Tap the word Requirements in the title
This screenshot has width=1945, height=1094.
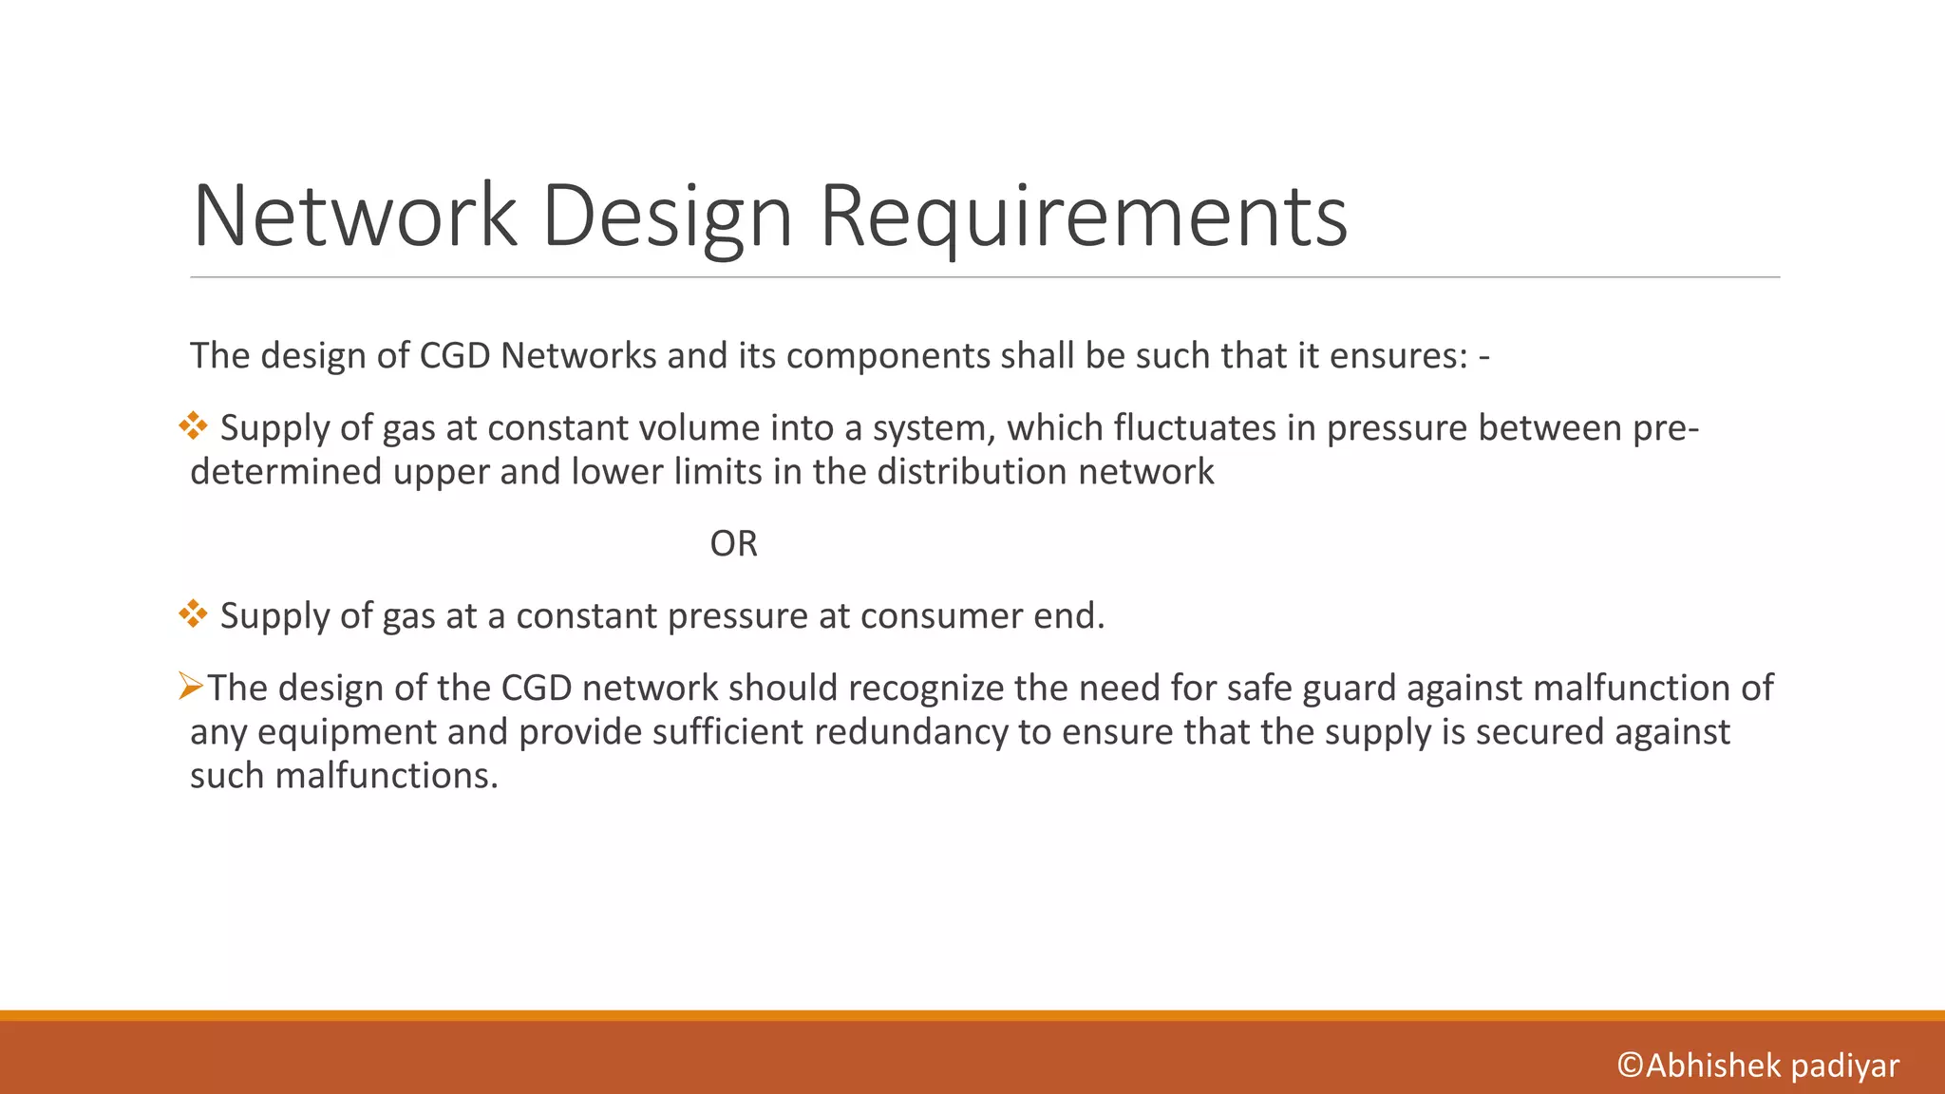(1083, 216)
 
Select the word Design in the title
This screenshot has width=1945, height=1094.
(667, 216)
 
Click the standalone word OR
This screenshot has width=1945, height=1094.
(733, 544)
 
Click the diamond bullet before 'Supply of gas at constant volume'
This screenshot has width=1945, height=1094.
(193, 426)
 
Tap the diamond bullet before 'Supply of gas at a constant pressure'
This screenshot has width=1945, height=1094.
(193, 614)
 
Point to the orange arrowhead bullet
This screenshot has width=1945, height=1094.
(191, 686)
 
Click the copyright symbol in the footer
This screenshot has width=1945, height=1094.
(1630, 1066)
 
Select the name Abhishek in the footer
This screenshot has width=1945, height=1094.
(1712, 1066)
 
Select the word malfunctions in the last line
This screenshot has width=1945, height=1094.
(386, 776)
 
